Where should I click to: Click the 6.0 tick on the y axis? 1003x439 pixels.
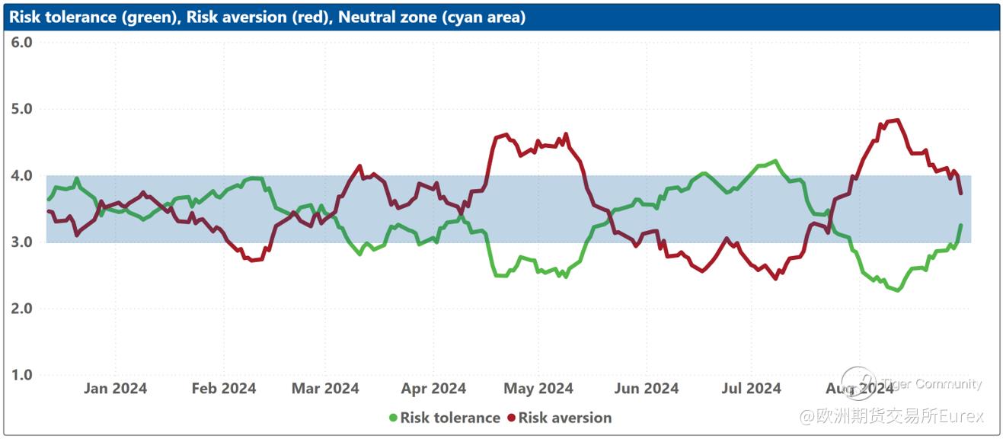22,42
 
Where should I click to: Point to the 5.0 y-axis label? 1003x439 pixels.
22,108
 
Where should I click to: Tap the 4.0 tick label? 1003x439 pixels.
22,175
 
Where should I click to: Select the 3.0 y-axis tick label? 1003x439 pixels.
22,242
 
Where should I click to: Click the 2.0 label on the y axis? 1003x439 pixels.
22,309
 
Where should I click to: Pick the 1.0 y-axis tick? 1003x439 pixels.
22,375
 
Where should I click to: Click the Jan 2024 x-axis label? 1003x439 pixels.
115,389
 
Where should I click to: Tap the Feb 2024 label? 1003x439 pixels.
224,389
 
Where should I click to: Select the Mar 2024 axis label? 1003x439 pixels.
325,389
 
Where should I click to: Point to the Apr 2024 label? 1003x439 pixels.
433,389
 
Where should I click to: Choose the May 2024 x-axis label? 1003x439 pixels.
538,389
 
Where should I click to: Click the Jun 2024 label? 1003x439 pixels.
646,389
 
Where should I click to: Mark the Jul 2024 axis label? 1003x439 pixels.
752,389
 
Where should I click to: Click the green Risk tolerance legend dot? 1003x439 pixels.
393,418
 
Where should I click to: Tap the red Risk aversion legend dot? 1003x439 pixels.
511,418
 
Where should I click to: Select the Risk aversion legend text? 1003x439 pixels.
564,418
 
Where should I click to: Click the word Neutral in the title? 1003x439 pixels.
363,17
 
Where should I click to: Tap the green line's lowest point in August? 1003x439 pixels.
899,290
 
